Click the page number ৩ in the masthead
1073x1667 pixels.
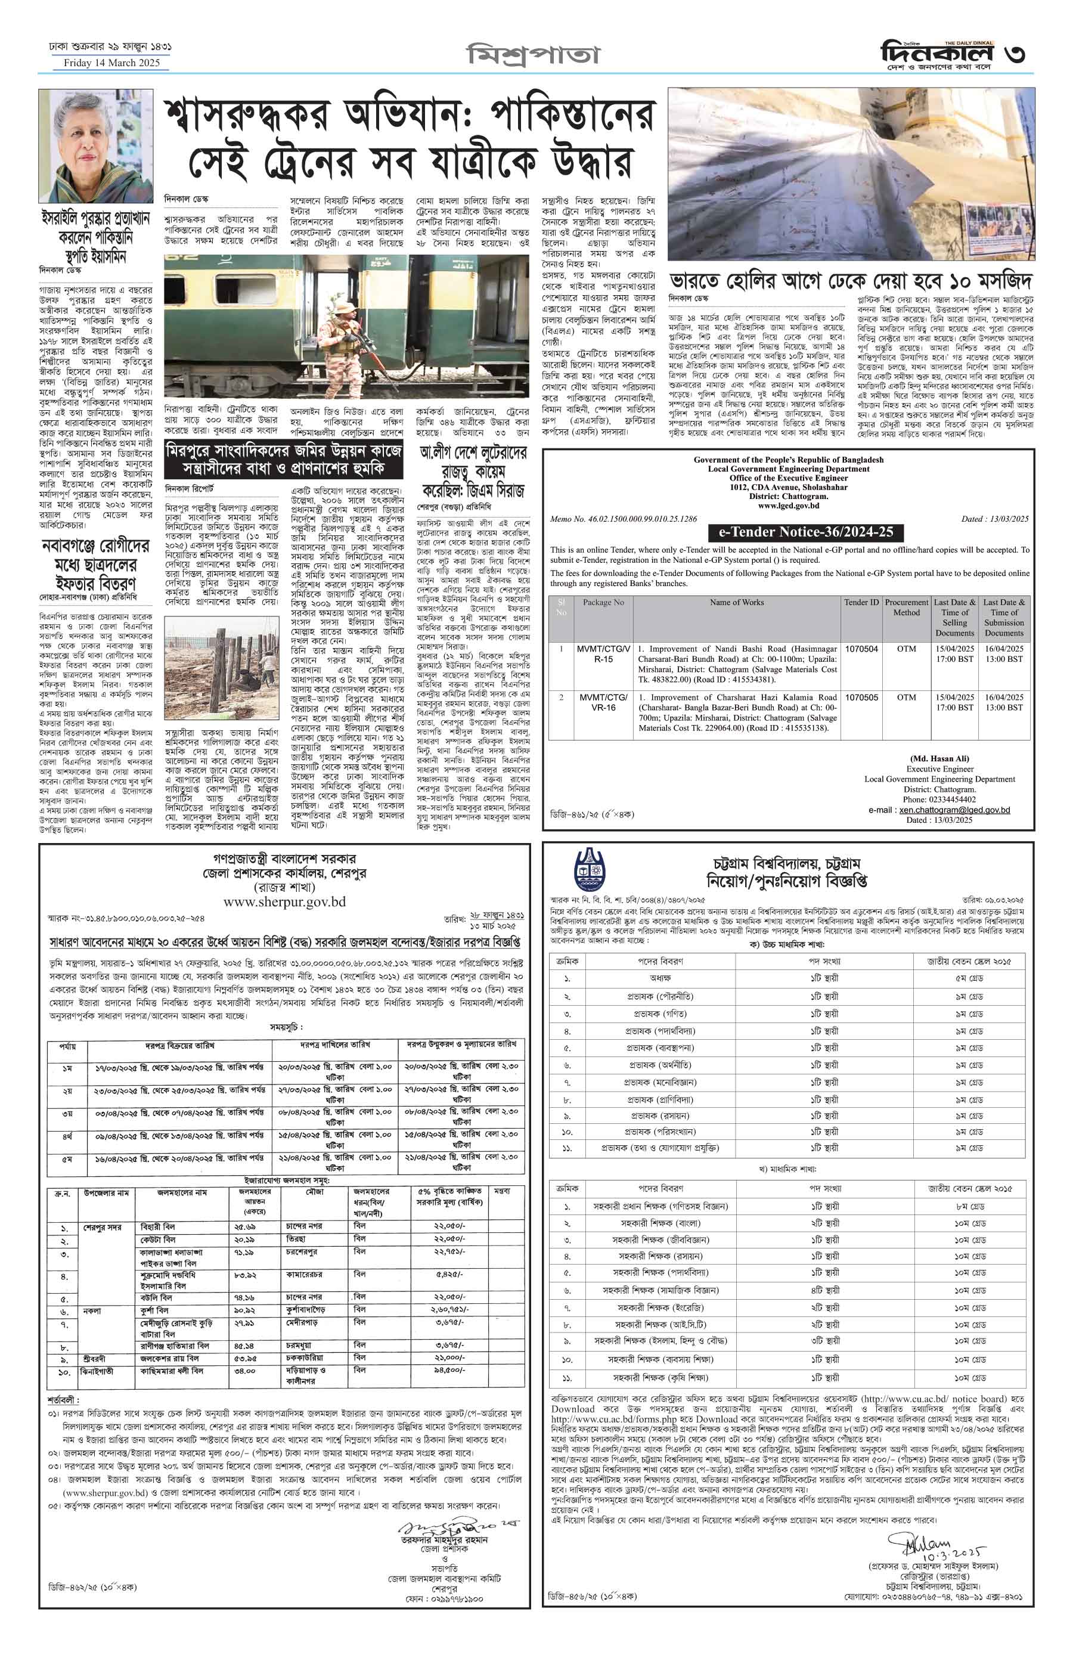(x=1015, y=54)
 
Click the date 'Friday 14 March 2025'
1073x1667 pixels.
(x=111, y=63)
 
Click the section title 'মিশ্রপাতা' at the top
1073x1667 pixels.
(x=533, y=54)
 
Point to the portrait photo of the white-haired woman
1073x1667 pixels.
(x=95, y=145)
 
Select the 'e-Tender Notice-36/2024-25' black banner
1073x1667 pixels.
(x=805, y=532)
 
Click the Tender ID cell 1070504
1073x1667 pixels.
(x=862, y=649)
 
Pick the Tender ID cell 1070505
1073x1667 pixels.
(x=862, y=698)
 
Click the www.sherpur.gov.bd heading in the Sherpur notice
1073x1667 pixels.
(x=284, y=902)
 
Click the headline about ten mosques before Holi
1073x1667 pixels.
(x=850, y=281)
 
